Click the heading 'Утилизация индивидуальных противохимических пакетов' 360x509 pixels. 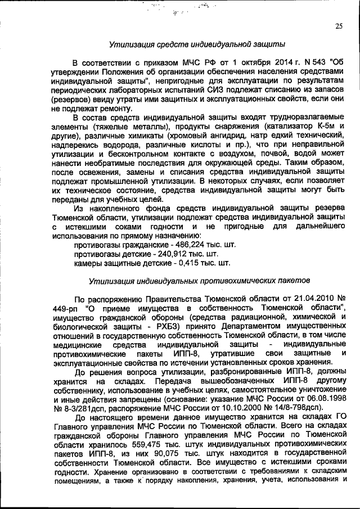pos(197,281)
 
